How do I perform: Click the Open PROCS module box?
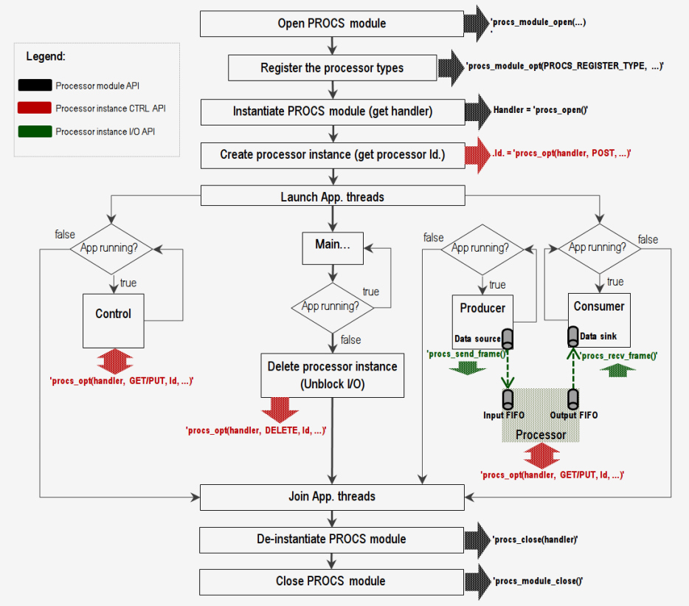click(332, 24)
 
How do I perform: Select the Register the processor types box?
click(332, 68)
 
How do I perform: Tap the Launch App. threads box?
click(332, 197)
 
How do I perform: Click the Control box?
click(113, 321)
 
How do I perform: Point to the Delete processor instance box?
click(332, 374)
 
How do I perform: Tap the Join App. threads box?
click(332, 497)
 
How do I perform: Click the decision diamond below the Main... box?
click(333, 306)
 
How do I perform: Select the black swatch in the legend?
click(34, 86)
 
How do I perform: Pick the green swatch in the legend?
click(34, 132)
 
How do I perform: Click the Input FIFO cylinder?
click(508, 399)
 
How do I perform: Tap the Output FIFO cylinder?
click(573, 399)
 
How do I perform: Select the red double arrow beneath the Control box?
click(113, 362)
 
